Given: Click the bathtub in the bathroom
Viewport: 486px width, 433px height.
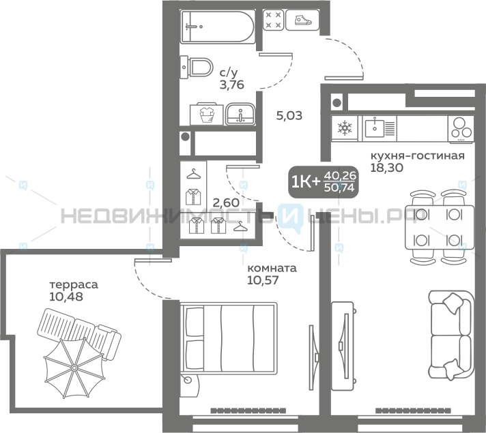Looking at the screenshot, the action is click(218, 27).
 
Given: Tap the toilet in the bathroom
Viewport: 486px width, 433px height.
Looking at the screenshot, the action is click(197, 67).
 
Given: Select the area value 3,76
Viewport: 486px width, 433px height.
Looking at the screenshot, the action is click(232, 85).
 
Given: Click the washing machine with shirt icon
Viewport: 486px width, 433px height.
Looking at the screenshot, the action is click(206, 114).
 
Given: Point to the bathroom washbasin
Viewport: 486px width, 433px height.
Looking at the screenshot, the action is click(240, 114).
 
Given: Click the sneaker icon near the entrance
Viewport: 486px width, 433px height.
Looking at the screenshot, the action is click(302, 20).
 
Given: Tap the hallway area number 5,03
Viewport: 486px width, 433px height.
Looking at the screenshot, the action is click(289, 116).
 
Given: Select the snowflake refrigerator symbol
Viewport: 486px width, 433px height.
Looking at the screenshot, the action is click(344, 128).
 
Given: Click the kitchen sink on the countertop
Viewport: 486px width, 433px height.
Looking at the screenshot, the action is click(380, 128).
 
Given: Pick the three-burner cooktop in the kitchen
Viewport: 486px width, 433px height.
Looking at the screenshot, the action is click(461, 129).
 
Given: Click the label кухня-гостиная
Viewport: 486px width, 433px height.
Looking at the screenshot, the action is click(418, 155).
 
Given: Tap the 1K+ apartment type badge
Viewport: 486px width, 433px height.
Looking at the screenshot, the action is click(324, 182).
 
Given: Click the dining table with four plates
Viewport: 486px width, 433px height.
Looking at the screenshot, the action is click(440, 227).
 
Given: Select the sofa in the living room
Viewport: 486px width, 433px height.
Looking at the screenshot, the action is click(451, 335).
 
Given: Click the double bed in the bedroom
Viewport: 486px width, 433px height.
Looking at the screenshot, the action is click(229, 338).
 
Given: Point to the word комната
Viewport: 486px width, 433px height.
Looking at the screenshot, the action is click(272, 268).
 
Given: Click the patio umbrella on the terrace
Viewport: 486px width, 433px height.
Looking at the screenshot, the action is click(74, 368).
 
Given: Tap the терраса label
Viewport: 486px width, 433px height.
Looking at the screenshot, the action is click(74, 284).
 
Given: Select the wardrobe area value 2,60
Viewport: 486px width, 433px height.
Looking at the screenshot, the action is click(226, 203).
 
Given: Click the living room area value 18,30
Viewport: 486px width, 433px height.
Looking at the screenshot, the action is click(387, 168).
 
